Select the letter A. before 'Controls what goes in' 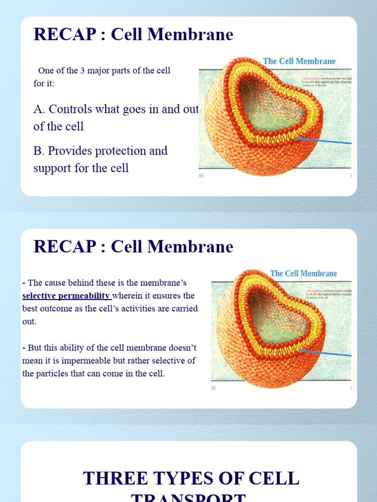click(39, 109)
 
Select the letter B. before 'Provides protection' click(39, 151)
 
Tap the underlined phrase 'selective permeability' click(66, 296)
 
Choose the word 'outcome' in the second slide click(59, 309)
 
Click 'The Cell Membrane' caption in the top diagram click(299, 61)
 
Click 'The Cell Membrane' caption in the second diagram click(303, 274)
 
